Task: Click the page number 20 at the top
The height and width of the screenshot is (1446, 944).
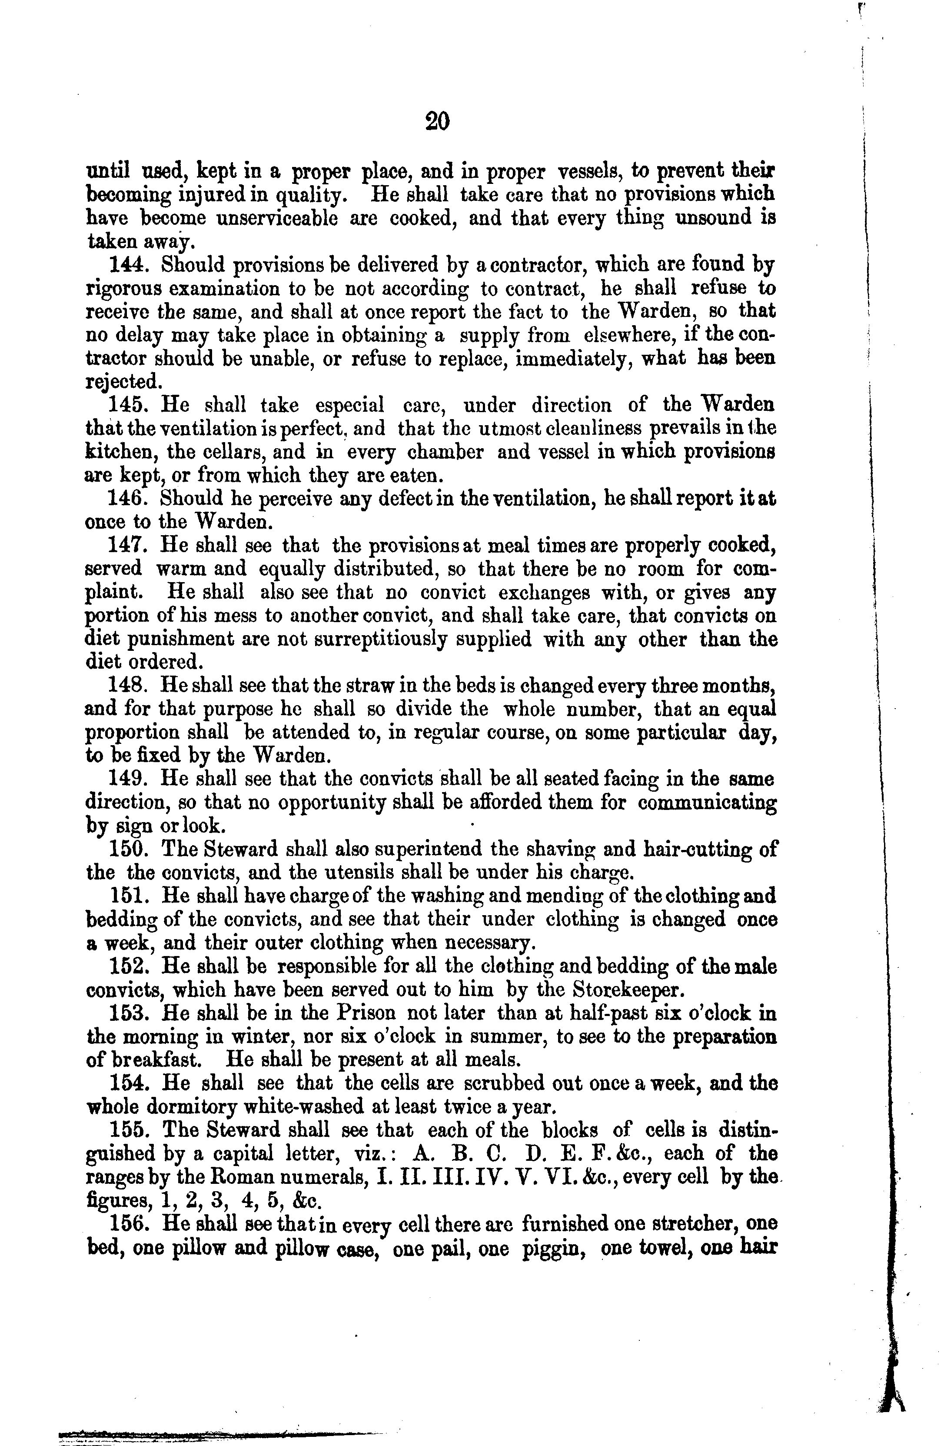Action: click(x=437, y=121)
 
